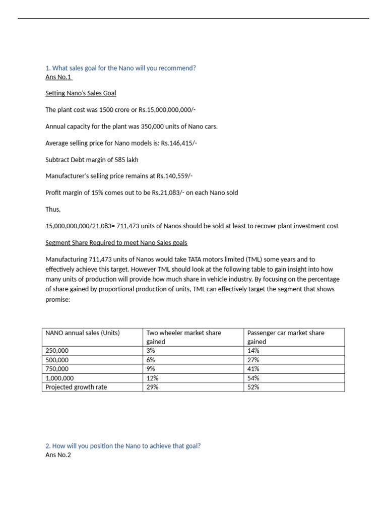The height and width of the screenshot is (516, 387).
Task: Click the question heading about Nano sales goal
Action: point(120,68)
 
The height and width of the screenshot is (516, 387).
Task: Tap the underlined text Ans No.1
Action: point(58,77)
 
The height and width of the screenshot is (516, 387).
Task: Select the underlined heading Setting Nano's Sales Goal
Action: point(81,93)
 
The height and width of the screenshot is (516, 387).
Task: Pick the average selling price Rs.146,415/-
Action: point(179,143)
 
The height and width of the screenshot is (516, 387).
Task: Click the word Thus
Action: point(53,209)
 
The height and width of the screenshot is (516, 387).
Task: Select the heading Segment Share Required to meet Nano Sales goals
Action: point(116,242)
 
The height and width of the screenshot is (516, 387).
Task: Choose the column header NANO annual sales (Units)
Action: point(83,333)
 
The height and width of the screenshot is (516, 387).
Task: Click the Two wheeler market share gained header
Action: point(183,337)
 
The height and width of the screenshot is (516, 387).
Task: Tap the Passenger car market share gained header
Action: point(286,337)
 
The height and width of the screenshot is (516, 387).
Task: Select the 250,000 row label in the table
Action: point(57,351)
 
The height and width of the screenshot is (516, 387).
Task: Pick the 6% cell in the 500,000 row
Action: point(151,360)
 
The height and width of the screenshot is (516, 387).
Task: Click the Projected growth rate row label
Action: point(76,387)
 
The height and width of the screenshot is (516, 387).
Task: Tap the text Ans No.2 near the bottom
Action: point(58,455)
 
